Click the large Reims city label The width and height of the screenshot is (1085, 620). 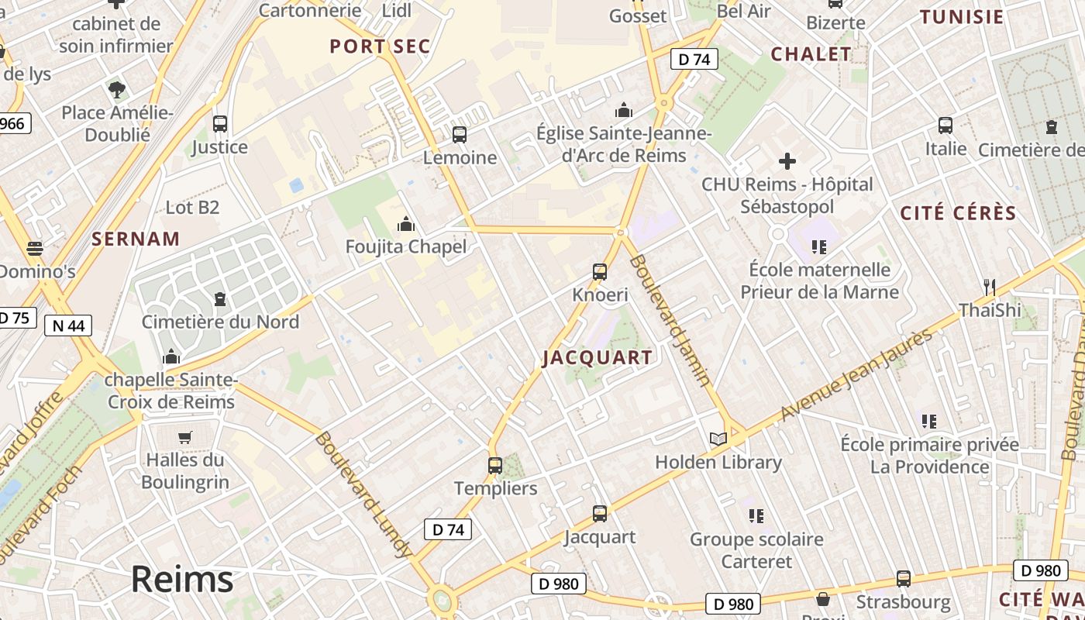tap(181, 579)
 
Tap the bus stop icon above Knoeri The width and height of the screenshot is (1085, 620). tap(600, 272)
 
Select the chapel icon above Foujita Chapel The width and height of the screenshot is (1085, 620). tap(405, 225)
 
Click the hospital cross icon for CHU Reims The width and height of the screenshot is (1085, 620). tap(787, 161)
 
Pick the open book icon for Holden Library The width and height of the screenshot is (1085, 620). tap(718, 439)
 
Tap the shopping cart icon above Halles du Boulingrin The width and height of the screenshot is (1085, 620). tap(184, 437)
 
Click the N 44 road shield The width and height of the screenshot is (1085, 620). tap(68, 325)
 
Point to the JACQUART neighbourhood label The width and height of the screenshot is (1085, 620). tap(597, 357)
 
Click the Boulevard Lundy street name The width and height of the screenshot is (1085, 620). tap(362, 494)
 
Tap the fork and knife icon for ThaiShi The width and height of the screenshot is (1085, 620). tap(989, 287)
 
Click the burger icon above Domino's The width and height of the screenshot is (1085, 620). tap(35, 249)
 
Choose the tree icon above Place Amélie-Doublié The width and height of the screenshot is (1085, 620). tap(117, 90)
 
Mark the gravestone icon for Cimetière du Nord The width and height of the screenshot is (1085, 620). tap(220, 298)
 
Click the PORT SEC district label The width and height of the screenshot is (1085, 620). tap(380, 46)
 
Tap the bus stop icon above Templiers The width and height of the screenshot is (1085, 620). tap(495, 466)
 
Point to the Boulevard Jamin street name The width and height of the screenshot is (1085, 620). tap(669, 319)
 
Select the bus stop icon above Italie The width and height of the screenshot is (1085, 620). tap(945, 126)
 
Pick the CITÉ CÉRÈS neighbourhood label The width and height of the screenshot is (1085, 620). tap(958, 213)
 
